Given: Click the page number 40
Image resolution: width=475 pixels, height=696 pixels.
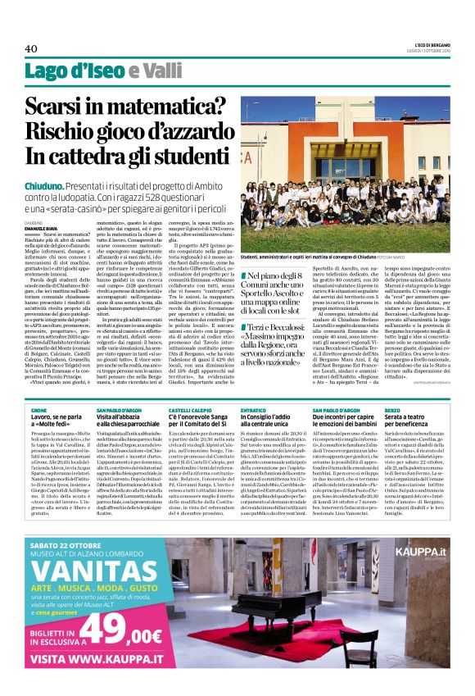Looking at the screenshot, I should tap(32, 48).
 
